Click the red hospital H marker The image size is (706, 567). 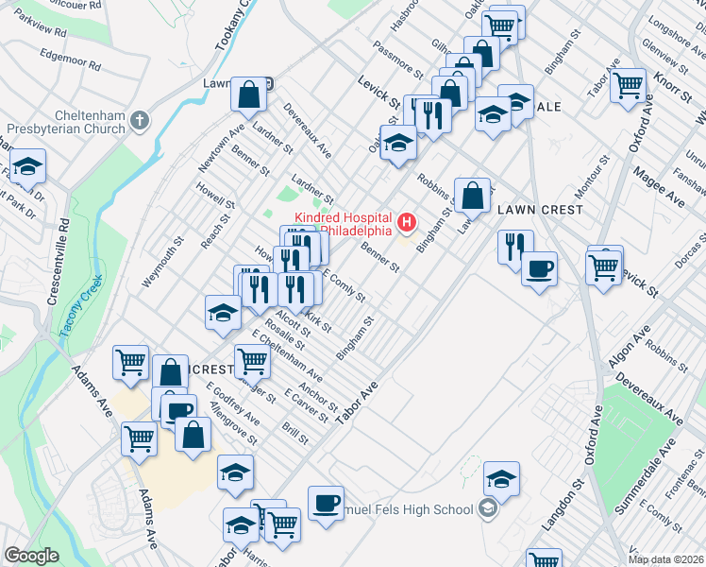click(x=407, y=223)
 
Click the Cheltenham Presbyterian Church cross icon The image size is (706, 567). click(x=140, y=120)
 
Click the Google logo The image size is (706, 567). click(x=31, y=556)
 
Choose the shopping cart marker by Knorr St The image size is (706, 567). click(x=628, y=86)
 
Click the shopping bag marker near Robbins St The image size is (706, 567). click(x=472, y=196)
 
